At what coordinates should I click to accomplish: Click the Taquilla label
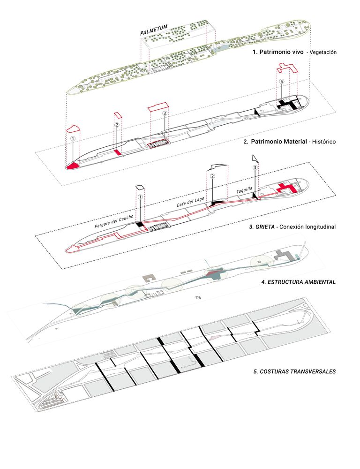pos(244,189)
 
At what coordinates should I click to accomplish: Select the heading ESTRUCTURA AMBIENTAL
pos(298,282)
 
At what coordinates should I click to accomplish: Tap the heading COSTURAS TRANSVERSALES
pos(294,371)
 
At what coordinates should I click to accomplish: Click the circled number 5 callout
pos(281,82)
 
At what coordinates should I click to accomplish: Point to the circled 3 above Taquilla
pos(255,167)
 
